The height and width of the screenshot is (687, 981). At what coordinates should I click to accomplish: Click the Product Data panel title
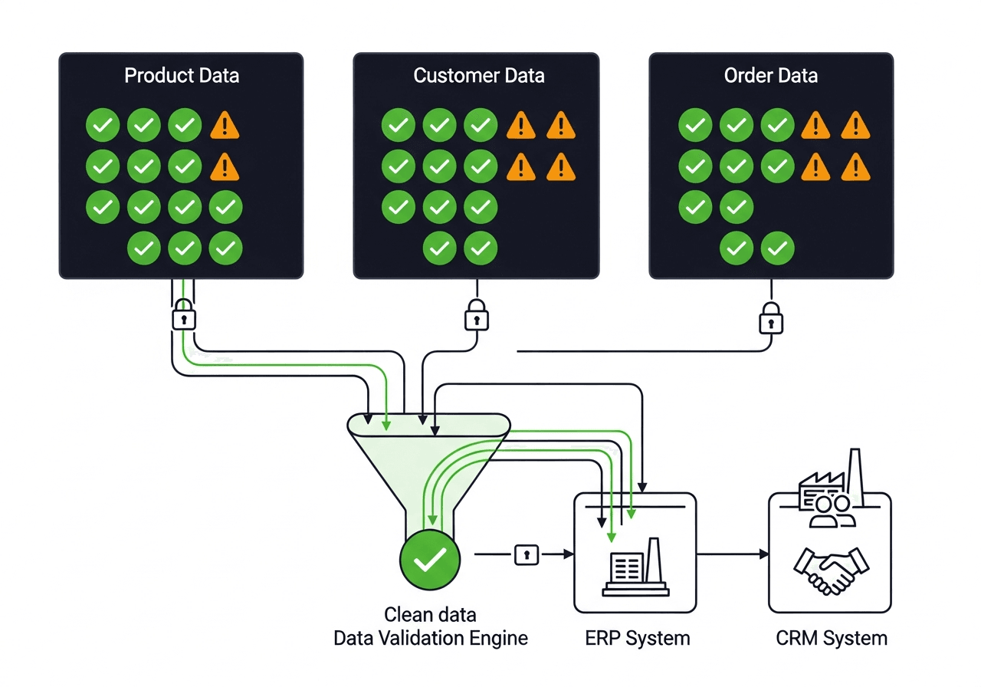click(182, 75)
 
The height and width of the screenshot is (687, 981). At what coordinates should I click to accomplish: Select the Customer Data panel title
click(479, 75)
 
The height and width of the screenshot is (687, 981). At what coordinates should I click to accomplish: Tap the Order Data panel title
click(770, 75)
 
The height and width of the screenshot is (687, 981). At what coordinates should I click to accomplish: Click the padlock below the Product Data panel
click(183, 316)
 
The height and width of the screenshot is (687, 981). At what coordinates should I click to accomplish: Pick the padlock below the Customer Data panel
click(477, 316)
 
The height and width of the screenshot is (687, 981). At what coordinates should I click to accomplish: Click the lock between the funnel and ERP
click(526, 554)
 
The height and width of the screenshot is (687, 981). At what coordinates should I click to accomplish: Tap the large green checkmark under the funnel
click(430, 559)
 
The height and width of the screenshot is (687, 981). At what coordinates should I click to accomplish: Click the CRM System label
click(832, 638)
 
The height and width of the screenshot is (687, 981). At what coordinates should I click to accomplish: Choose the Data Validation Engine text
click(431, 638)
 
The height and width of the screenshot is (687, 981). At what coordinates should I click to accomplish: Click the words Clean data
click(430, 615)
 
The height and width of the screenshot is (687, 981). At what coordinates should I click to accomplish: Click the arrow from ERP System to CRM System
click(732, 554)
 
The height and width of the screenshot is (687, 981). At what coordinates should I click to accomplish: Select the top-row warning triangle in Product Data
click(225, 124)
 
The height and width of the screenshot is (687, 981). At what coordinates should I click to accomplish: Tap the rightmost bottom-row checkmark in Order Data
click(777, 248)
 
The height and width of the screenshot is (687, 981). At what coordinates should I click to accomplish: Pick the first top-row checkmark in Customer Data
click(398, 124)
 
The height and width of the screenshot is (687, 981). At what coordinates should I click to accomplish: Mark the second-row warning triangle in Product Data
click(225, 165)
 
